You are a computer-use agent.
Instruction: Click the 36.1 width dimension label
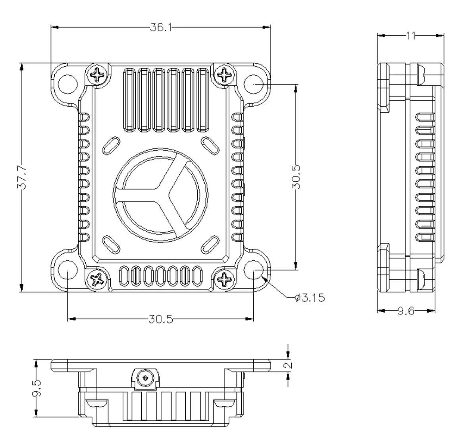(x=161, y=27)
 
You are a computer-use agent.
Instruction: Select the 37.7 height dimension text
(x=21, y=177)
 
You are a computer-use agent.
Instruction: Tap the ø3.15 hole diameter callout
(x=310, y=298)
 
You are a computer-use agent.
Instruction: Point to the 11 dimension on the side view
(x=410, y=36)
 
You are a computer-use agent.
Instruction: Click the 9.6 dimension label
(x=406, y=311)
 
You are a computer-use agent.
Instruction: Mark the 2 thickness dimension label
(x=289, y=365)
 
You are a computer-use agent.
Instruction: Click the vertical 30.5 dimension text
(x=296, y=177)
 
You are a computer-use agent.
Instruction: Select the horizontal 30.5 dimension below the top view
(x=161, y=319)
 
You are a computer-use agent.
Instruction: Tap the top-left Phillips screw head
(x=98, y=75)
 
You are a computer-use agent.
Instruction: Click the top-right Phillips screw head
(x=224, y=75)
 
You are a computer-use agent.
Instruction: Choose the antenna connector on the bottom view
(x=145, y=378)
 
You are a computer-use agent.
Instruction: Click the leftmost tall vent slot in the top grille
(x=129, y=100)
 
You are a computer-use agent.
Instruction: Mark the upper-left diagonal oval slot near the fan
(x=111, y=145)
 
